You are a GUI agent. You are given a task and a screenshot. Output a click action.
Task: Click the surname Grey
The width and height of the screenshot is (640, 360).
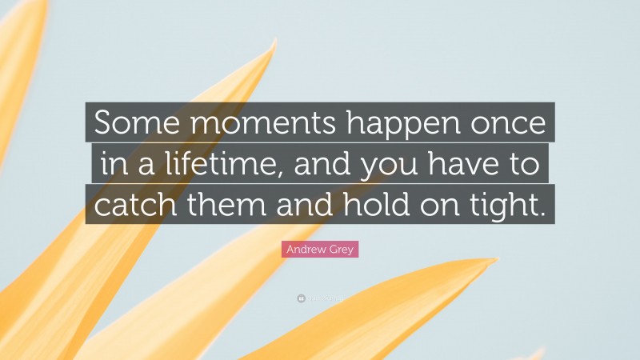[342, 250]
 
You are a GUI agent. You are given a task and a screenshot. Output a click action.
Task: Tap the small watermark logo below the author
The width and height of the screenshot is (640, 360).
[300, 298]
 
